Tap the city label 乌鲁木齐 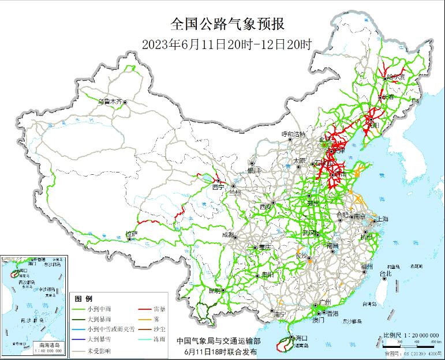[110, 102]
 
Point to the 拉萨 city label [131, 234]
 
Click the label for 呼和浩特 [293, 134]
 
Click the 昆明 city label [214, 290]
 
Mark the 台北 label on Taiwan [385, 273]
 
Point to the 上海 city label [382, 219]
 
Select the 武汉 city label [309, 233]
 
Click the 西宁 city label [218, 187]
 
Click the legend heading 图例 [84, 299]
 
